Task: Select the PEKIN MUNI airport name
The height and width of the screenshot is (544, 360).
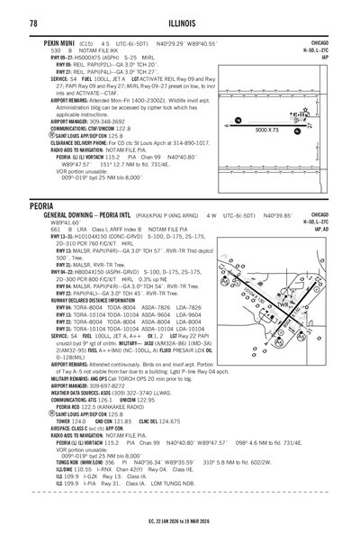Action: click(x=50, y=41)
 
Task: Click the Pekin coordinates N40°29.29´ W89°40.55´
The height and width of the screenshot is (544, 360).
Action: click(x=191, y=41)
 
